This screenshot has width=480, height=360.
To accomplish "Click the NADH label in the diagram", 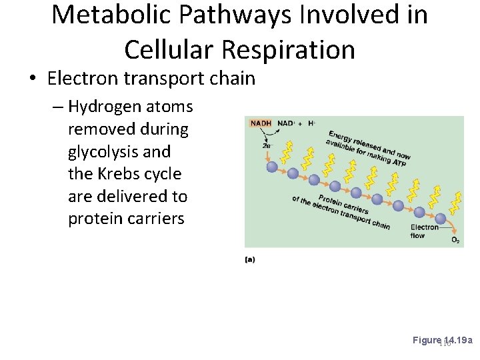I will (x=261, y=124).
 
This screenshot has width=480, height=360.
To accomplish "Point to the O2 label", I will (x=455, y=239).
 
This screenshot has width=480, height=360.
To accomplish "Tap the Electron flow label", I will (x=425, y=231).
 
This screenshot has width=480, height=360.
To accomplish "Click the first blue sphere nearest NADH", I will (x=272, y=167).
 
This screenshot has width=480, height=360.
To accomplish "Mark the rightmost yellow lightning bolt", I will (x=457, y=199).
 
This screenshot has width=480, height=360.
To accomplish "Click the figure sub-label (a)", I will (x=250, y=259).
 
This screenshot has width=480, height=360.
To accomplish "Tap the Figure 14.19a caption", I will (x=442, y=340).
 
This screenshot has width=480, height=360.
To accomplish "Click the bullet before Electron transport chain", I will (x=33, y=79).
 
